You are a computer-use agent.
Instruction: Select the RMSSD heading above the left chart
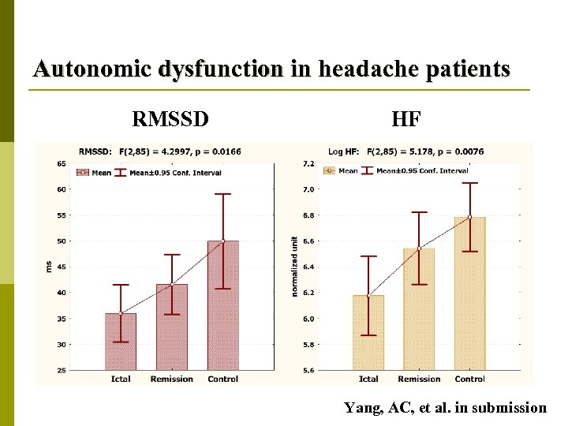pos(170,119)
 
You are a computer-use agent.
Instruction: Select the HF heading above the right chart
pos(406,119)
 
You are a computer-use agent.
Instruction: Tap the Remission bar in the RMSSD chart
pos(172,327)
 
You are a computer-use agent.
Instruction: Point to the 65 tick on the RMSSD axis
pos(62,163)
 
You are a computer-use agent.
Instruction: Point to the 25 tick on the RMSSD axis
pos(62,370)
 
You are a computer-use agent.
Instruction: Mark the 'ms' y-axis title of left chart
pos(48,267)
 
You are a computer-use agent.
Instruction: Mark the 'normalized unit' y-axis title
pos(294,267)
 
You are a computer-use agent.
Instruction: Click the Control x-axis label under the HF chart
pos(470,379)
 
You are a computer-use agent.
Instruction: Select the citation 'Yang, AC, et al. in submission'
pos(445,408)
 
